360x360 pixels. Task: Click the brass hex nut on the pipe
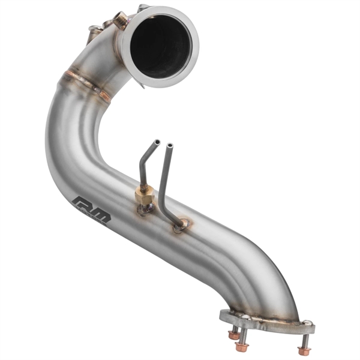(x=143, y=194)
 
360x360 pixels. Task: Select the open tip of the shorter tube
(x=156, y=143)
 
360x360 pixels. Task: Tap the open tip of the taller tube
(x=170, y=146)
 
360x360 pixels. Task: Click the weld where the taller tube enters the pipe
(x=181, y=225)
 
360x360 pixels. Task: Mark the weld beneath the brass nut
(x=145, y=209)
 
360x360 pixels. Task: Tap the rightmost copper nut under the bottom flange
(x=304, y=349)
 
